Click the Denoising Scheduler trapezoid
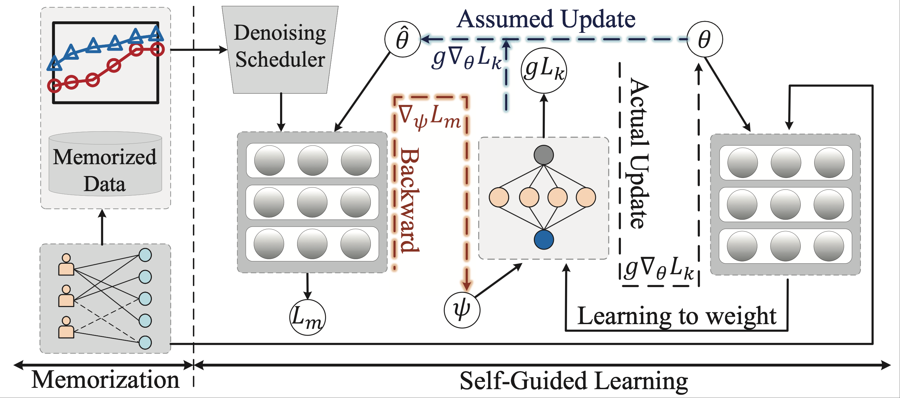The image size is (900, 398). coord(280,49)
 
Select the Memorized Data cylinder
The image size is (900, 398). coord(105,164)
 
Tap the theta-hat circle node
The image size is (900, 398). coord(402,39)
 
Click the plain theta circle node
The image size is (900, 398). coord(704,39)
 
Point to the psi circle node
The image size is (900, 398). coord(462,310)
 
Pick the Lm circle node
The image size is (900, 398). coord(307,317)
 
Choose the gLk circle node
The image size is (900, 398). coord(543,70)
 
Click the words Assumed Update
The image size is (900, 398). coord(546,19)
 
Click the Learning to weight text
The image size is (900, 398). coord(676,316)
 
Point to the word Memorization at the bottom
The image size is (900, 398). coord(105,380)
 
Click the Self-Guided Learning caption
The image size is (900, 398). coord(573,381)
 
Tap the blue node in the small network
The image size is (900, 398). coord(543,239)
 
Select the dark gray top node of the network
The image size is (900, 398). coord(543,155)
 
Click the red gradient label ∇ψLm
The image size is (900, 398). coord(430,117)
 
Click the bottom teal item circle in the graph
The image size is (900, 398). coord(145,343)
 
